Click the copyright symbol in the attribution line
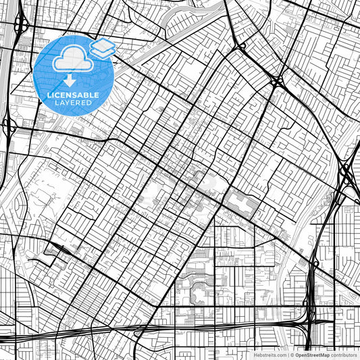coord(290,354)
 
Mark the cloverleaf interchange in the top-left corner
coord(21,25)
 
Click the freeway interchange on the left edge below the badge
coord(9,126)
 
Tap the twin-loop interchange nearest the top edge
coord(241,47)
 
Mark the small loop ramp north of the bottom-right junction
coord(315,261)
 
